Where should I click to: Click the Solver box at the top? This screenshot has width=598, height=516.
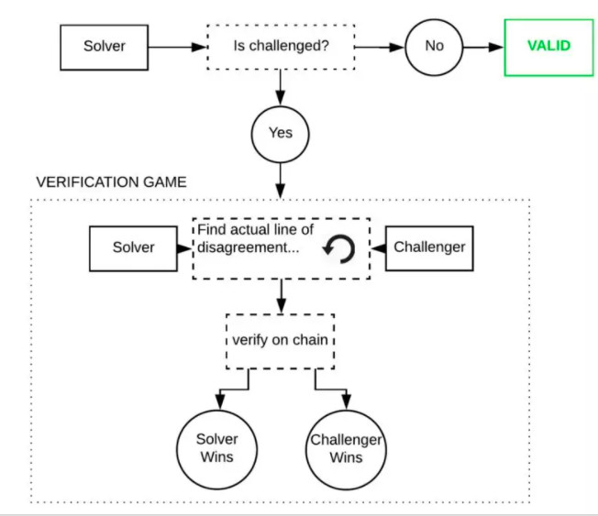[104, 46]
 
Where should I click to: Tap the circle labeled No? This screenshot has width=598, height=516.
[433, 46]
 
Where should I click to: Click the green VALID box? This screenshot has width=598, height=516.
[548, 46]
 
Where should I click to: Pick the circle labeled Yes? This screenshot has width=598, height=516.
[280, 133]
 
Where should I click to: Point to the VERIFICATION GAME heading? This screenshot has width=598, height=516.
[111, 181]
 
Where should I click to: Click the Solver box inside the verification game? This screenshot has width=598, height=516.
[133, 247]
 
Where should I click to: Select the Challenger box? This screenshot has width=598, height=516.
[429, 247]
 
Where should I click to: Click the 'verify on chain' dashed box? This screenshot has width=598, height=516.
[280, 341]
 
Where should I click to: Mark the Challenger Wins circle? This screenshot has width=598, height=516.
[346, 447]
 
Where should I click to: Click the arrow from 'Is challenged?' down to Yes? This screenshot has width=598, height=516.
[280, 87]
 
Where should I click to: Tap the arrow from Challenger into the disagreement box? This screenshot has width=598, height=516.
[377, 247]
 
